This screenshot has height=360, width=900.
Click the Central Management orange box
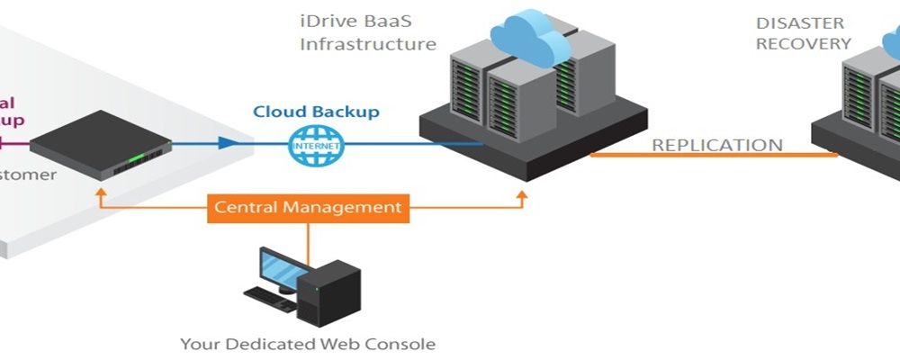click(308, 208)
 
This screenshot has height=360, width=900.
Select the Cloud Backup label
click(316, 112)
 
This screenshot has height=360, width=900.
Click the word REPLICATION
click(717, 145)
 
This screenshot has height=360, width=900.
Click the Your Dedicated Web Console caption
click(308, 343)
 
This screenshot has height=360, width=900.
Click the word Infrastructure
click(368, 43)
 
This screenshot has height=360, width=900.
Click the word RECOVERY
click(803, 43)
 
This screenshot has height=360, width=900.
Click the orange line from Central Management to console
click(308, 241)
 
